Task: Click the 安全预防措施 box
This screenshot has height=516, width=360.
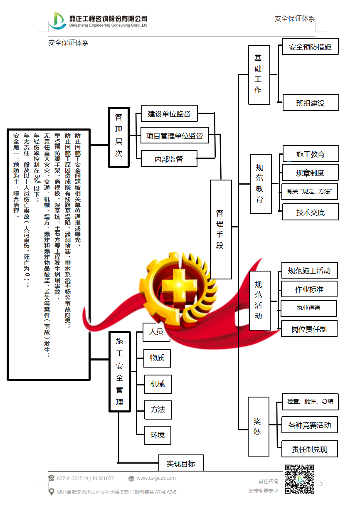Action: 310,47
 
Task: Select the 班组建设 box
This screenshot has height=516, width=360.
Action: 311,103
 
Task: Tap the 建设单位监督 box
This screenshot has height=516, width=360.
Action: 169,114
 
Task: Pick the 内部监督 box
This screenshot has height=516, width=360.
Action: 169,159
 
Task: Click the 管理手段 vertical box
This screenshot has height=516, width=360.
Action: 221,229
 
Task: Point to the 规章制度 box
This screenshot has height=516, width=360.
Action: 310,173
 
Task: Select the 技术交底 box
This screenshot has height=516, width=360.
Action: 310,212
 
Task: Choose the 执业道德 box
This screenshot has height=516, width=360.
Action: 308,308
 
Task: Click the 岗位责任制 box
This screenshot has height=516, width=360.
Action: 309,329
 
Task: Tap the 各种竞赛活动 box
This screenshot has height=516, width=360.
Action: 310,425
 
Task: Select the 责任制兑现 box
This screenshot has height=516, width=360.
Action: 309,449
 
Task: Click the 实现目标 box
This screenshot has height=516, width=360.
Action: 181,463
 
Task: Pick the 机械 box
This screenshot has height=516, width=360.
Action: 158,384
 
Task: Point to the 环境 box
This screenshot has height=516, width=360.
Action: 158,435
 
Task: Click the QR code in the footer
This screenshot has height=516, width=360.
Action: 299,479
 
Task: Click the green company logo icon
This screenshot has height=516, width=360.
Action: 57,20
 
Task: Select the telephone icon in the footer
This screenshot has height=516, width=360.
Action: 52,478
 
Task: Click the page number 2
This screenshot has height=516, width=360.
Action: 321,484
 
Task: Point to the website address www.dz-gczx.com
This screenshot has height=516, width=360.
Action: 156,478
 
